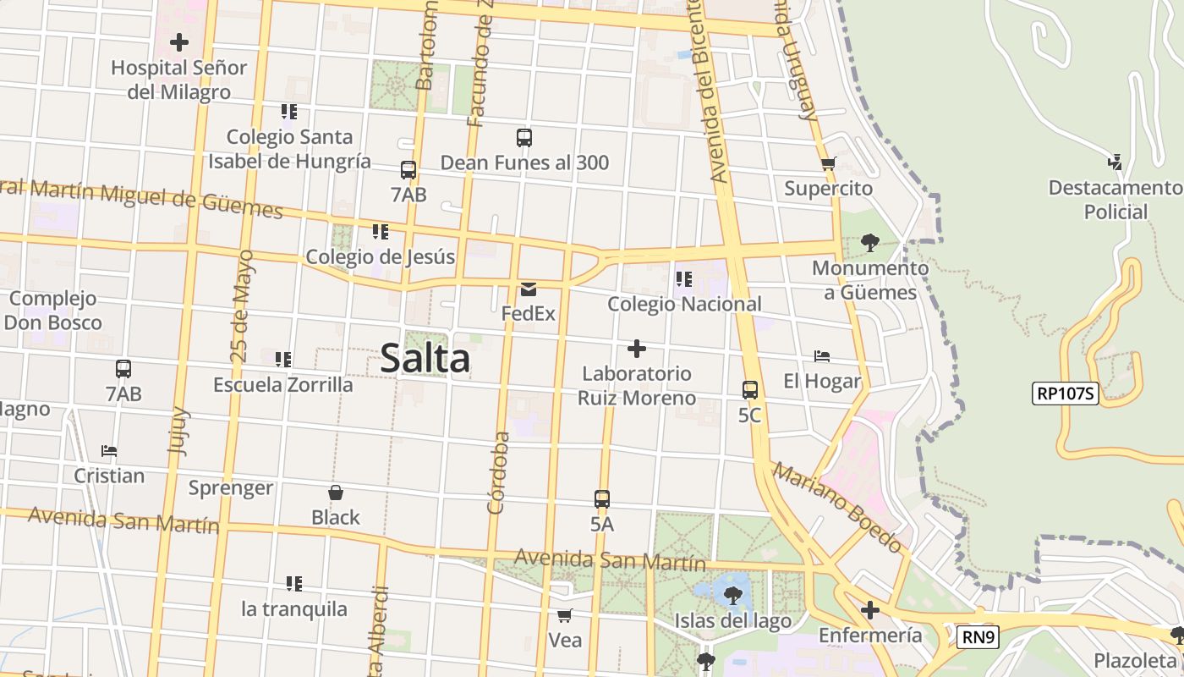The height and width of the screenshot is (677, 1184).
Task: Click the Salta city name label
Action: pos(425,358)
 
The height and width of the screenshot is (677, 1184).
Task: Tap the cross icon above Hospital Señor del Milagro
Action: pos(179,41)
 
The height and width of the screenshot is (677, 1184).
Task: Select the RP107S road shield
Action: pos(1065,393)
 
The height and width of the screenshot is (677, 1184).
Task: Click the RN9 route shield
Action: pos(978,637)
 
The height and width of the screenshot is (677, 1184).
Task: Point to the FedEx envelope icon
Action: pos(529,289)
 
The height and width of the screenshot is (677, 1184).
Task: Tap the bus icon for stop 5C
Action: pos(749,390)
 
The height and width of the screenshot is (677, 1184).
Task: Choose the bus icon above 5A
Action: pos(601,499)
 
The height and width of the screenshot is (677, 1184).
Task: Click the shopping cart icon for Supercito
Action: pos(828,163)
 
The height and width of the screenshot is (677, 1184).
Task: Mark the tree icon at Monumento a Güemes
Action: pos(869,243)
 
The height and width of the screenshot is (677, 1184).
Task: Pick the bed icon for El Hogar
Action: pos(821,356)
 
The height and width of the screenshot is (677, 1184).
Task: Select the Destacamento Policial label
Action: pos(1115,200)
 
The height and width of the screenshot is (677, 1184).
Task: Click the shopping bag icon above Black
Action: pos(335,493)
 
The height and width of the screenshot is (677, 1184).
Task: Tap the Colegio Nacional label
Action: pos(684,304)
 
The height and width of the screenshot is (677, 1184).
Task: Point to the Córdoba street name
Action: pos(498,473)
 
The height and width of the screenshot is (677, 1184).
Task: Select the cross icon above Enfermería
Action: pos(869,610)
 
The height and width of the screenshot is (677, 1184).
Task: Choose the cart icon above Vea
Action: pos(564,615)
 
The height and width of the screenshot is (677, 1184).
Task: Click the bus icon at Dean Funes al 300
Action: pos(523,137)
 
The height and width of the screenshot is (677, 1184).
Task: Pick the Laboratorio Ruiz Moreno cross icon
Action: pos(637,349)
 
